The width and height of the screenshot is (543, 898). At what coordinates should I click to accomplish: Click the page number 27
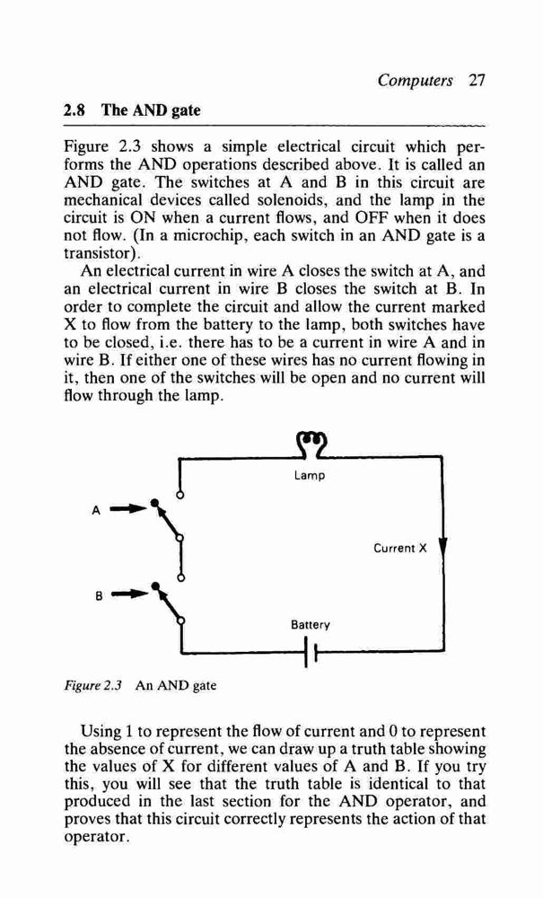476,80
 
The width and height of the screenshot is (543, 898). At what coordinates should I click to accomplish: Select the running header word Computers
415,80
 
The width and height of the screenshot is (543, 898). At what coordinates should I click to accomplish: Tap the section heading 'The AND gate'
151,110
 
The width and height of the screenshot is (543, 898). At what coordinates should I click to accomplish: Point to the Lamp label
309,475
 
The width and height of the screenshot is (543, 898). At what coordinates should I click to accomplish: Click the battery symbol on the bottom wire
311,653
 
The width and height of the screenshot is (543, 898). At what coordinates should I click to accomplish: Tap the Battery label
311,624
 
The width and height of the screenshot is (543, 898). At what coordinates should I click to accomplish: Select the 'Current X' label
400,548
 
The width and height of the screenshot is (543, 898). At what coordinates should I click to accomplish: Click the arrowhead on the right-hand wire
444,546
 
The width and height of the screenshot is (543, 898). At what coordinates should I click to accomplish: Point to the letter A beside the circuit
96,510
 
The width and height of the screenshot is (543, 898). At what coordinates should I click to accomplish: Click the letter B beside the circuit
99,595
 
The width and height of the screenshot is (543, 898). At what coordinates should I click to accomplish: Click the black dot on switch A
153,504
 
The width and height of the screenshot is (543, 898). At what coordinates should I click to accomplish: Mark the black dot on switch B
154,585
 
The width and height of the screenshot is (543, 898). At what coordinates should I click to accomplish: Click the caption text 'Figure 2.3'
93,685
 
